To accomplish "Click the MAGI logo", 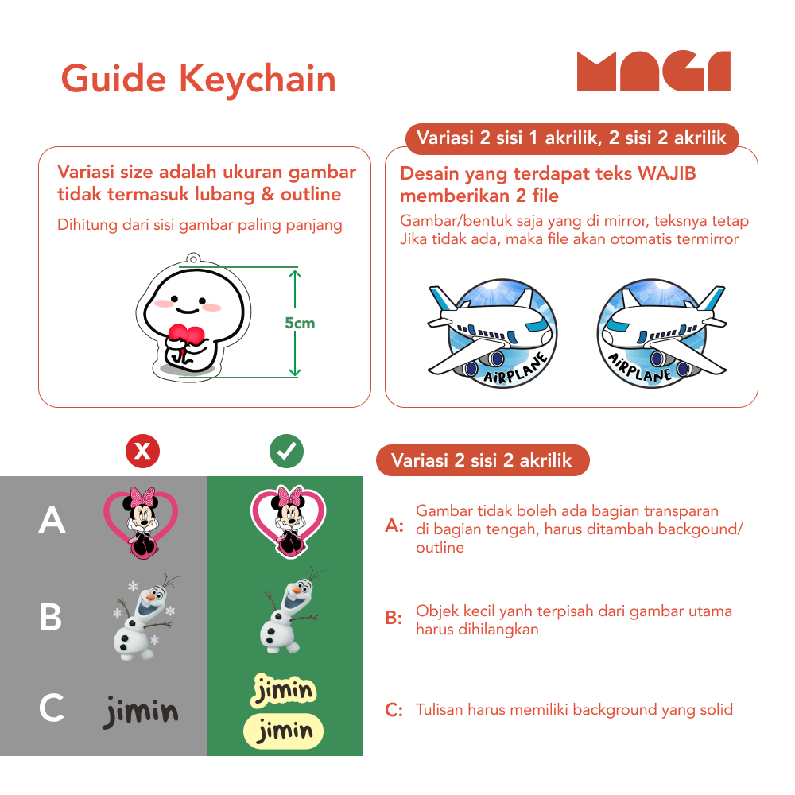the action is (x=653, y=71).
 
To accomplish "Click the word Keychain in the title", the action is (x=258, y=80).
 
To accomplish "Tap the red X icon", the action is (x=142, y=451).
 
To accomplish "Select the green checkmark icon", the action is (x=286, y=451).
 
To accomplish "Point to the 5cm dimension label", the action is (x=300, y=323).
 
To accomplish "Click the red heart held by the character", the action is (x=186, y=335).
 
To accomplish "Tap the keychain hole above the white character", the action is (x=192, y=259).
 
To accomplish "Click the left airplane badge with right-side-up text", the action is (x=493, y=333).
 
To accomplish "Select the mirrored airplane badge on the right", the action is (x=661, y=333).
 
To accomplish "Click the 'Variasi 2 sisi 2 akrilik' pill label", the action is (x=483, y=460).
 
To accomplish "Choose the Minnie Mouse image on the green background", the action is (x=288, y=522).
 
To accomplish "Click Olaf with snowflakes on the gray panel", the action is (x=145, y=617).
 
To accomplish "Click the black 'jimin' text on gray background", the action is (x=141, y=711).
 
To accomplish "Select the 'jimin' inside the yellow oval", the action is (x=284, y=731).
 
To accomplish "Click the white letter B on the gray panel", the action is (x=51, y=617).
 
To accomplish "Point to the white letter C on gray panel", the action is (x=52, y=708).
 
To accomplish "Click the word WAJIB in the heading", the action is (x=666, y=173).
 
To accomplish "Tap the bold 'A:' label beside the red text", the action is (x=394, y=525).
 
